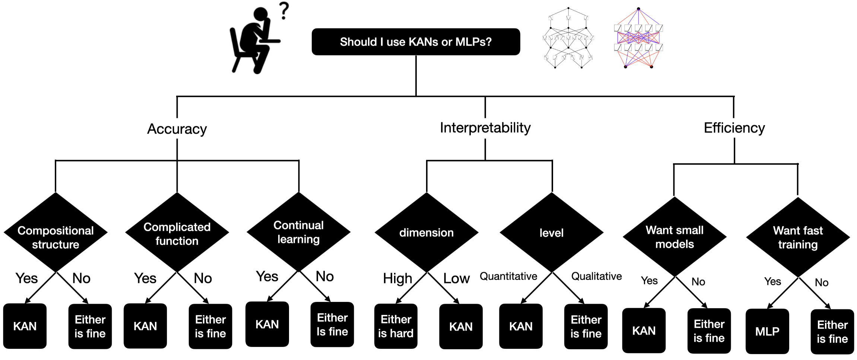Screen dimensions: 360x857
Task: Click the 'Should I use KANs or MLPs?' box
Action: [x=416, y=42]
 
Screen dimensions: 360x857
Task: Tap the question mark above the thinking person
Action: [x=284, y=11]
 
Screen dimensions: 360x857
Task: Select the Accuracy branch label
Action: [x=177, y=129]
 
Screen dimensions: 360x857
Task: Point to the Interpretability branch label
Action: [x=485, y=128]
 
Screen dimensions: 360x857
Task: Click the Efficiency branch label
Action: [x=734, y=128]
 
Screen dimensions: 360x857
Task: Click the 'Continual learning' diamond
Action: [x=299, y=232]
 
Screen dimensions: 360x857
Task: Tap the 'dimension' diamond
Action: [x=426, y=233]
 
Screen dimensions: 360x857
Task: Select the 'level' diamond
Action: [x=552, y=233]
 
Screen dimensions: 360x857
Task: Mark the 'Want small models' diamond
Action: [x=675, y=237]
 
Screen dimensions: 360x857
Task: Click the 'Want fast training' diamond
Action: [x=798, y=237]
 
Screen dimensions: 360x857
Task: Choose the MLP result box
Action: [x=767, y=331]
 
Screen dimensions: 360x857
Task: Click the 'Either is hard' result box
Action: [x=396, y=326]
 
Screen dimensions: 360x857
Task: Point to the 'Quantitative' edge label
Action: [x=508, y=276]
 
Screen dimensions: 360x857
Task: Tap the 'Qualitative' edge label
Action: [x=596, y=276]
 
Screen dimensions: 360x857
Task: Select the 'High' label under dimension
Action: [x=397, y=278]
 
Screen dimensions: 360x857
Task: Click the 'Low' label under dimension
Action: [x=456, y=278]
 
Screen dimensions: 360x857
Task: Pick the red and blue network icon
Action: [x=638, y=38]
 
